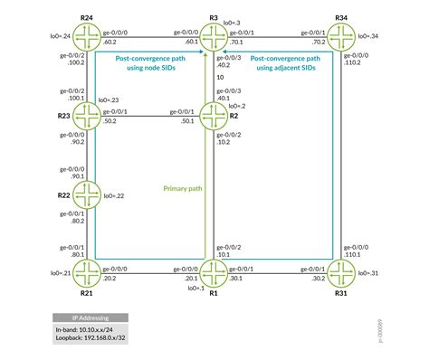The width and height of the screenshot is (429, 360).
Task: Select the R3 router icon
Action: pos(214,37)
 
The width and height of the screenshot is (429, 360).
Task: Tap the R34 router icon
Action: pos(341,37)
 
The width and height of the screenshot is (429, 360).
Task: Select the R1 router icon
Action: pos(214,271)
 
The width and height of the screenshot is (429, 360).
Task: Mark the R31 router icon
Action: pos(341,271)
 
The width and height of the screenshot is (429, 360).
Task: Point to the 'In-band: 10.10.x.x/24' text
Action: pos(84,331)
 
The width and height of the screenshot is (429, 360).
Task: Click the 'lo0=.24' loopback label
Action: pos(57,37)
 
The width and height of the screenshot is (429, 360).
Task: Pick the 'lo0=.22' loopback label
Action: pos(114,194)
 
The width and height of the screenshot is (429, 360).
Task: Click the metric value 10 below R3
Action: pos(220,77)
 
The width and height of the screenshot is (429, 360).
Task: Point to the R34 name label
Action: pos(341,17)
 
